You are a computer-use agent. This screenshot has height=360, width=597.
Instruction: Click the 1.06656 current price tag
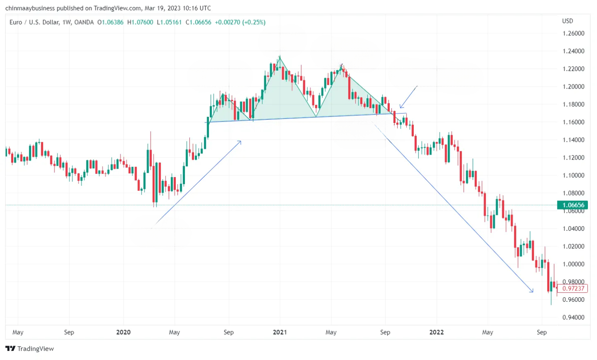pos(573,205)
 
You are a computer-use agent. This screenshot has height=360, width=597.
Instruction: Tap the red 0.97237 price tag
pos(573,288)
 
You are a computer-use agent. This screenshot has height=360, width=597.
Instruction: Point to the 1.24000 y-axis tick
pos(573,51)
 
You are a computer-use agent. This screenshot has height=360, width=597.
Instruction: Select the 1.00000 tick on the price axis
pos(573,264)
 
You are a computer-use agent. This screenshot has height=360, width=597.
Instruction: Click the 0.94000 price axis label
pos(573,318)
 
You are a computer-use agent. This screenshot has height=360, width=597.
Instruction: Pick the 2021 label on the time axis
pos(280,332)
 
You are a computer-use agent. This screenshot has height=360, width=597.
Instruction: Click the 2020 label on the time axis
pos(123,332)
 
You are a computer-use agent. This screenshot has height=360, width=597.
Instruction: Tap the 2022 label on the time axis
pos(436,332)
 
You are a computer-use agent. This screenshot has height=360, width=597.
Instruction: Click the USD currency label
pos(567,21)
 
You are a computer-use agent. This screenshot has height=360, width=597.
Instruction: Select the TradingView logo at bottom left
pos(29,348)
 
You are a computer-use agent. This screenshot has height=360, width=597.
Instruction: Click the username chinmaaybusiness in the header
pos(29,8)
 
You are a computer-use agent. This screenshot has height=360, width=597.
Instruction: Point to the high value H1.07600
pos(140,22)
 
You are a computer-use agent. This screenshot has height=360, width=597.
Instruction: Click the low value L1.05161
pos(169,22)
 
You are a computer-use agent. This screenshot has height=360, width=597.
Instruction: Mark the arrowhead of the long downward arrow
pos(532,291)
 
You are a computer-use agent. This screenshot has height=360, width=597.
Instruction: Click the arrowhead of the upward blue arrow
pos(240,142)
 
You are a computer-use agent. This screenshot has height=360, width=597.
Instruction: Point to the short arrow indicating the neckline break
pos(408,97)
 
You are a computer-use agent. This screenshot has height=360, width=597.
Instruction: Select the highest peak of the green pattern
pos(280,57)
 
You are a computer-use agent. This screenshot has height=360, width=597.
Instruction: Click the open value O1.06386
pos(111,22)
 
